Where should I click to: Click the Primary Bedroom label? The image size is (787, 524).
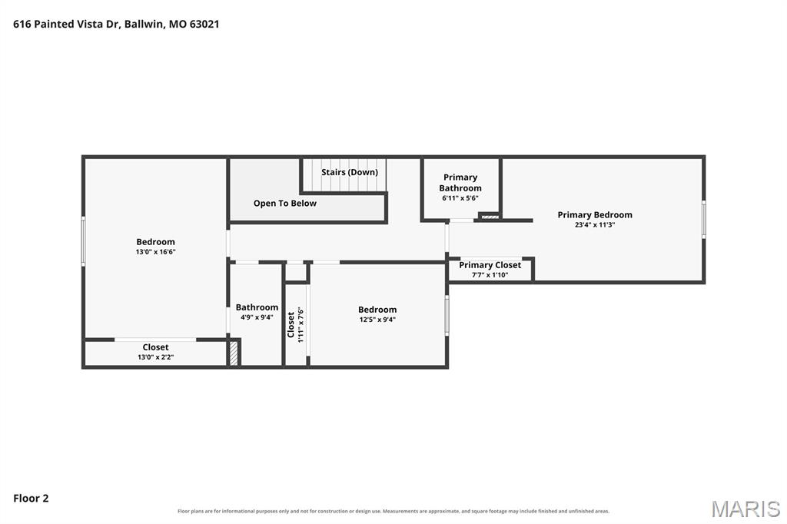pos(595,215)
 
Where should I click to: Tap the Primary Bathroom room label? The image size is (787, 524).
pos(460,183)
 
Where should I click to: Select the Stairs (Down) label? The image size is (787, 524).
pos(350,172)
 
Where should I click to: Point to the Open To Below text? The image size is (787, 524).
pos(284,204)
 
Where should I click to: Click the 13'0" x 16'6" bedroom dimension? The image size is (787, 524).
pos(155,252)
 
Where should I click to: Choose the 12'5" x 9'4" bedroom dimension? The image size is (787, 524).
pos(377,320)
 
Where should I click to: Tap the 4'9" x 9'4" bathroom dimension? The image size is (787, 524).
pos(257,317)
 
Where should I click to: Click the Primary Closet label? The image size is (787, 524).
pos(490,265)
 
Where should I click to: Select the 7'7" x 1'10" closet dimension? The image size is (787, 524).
pos(490,275)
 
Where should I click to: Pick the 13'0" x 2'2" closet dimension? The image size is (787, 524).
pos(155,357)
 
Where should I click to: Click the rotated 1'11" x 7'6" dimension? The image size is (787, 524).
pos(301,325)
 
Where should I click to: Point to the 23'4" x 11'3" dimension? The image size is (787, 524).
pos(595,225)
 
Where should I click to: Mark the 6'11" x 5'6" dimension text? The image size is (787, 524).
pos(460,198)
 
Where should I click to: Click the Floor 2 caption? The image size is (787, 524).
pos(31,499)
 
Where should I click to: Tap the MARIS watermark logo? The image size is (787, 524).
pos(745,509)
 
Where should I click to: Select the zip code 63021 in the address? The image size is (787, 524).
pos(204,24)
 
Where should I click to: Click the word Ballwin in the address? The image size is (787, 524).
pos(144,24)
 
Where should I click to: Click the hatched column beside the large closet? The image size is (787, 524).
pos(234,353)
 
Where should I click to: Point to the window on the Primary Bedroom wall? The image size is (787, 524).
pos(704,219)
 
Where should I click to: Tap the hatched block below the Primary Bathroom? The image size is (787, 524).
pos(490,217)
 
